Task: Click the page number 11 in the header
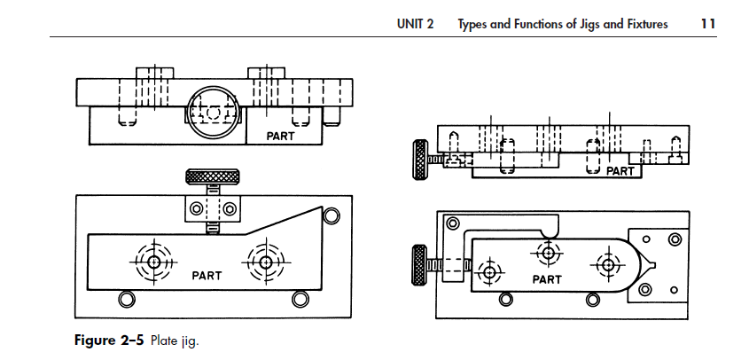706,24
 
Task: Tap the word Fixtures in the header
644,24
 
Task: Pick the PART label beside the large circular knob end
280,137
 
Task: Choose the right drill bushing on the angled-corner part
263,261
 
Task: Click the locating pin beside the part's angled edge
331,215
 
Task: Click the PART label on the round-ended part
547,279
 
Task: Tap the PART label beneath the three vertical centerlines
620,171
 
